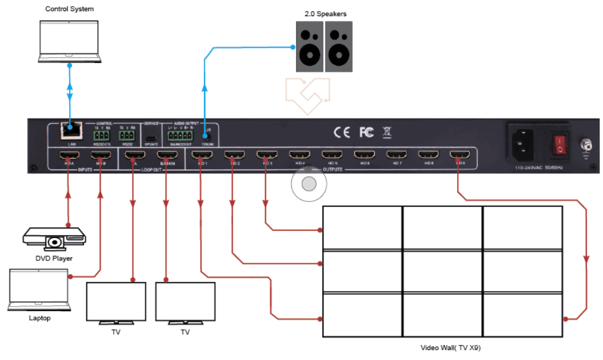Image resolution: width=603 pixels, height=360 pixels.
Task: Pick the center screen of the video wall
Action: point(442,271)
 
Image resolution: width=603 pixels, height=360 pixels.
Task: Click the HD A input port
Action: point(68,155)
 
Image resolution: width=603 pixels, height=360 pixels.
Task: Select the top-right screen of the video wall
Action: point(522,228)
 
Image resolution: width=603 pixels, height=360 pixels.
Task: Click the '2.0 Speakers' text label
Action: point(322,13)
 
